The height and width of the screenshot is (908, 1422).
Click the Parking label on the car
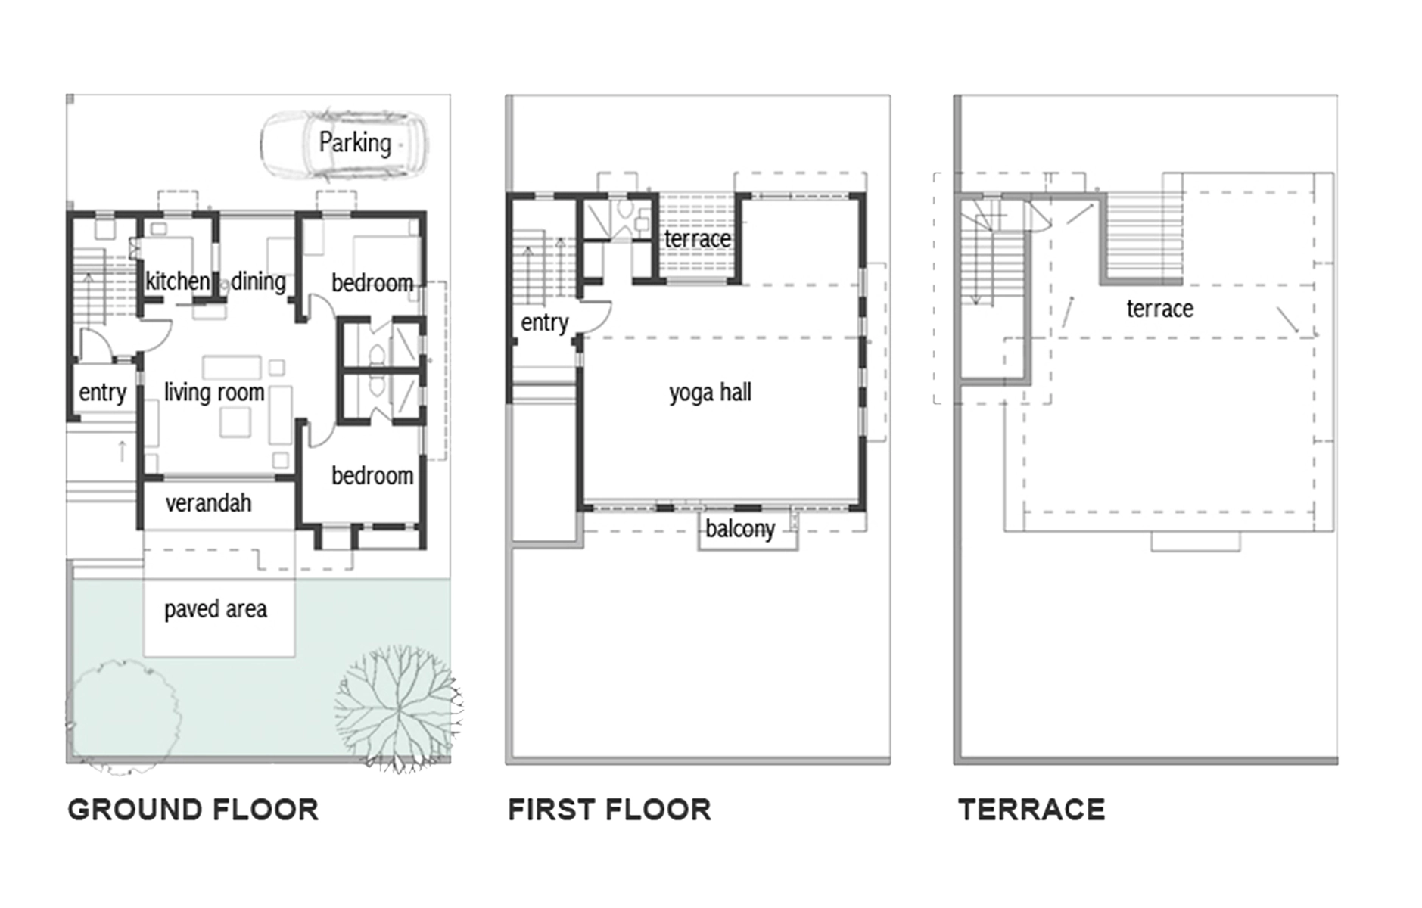[355, 142]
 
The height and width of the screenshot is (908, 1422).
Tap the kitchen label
[177, 281]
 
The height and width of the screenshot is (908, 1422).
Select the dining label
[258, 281]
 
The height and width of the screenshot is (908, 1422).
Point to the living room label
[214, 392]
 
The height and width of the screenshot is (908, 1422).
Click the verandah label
[208, 503]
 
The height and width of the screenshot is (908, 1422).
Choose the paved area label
[216, 609]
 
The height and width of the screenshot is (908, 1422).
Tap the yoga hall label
[710, 393]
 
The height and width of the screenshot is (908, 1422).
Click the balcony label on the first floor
[740, 529]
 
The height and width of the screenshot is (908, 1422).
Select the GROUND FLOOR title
[194, 810]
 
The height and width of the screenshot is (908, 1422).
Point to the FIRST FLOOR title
[610, 810]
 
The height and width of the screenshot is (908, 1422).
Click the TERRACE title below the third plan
[1031, 810]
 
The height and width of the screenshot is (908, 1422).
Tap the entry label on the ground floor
[102, 393]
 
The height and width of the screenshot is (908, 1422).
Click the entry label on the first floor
[544, 323]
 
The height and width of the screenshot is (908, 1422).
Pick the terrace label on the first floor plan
[697, 239]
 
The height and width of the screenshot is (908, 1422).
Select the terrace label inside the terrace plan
[1159, 309]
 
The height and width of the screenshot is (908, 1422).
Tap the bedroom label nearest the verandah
[372, 476]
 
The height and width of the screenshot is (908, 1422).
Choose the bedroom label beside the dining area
[372, 283]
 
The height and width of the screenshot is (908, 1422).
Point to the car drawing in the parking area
[344, 147]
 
